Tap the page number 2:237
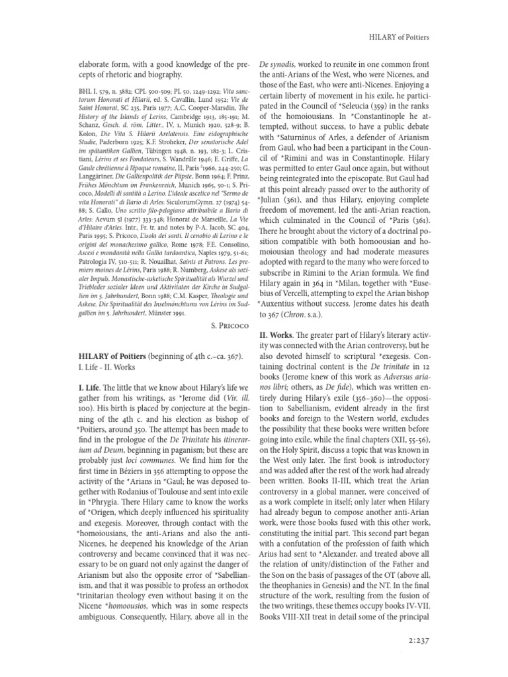[x=415, y=640]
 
